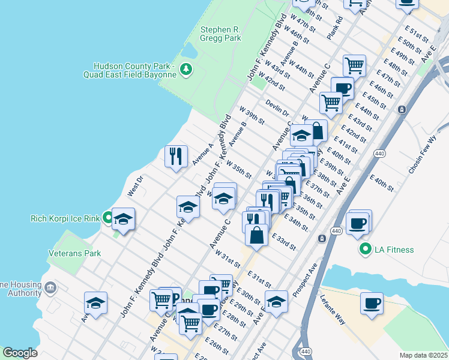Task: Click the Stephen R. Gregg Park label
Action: coord(221,33)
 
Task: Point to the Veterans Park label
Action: coord(75,253)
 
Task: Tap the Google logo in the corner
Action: coord(20,353)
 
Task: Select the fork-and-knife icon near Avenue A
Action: coord(176,157)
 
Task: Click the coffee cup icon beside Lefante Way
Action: coord(372,302)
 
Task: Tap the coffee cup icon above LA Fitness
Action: coord(358,223)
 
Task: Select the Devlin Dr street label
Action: coord(278,109)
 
